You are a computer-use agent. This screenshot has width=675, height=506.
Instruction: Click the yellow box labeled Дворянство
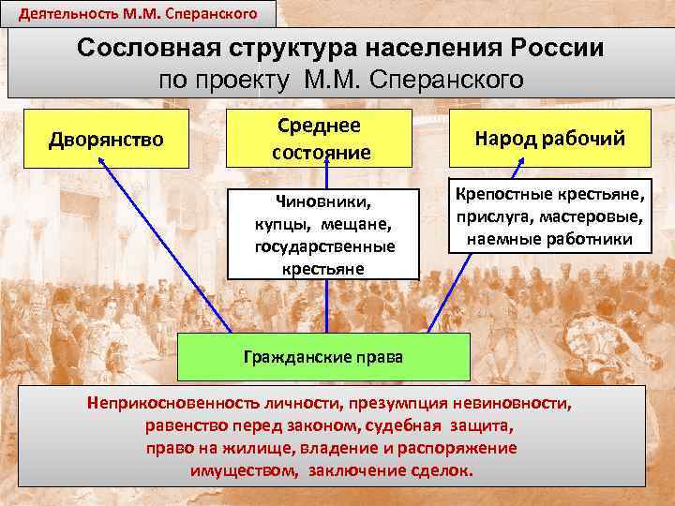[106, 140]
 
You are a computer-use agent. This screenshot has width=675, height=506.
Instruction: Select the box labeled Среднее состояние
[322, 138]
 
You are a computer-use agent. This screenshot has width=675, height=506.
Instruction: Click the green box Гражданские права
[323, 356]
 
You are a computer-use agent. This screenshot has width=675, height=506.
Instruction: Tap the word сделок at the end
[445, 470]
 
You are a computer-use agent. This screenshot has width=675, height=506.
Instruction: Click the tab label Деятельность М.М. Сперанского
[127, 13]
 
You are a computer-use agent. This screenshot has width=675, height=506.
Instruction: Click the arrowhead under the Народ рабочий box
[515, 170]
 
